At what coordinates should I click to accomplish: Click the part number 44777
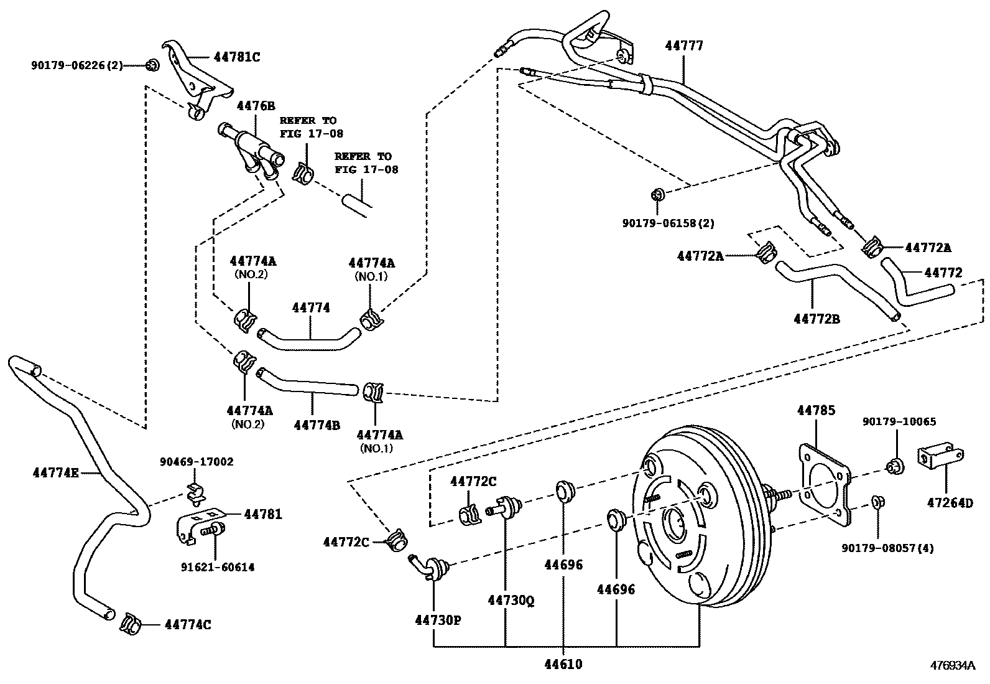point(684,46)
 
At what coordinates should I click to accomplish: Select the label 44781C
point(236,57)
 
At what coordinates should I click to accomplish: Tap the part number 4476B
point(256,106)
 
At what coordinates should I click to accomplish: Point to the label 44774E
point(55,473)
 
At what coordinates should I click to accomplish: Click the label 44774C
point(188,624)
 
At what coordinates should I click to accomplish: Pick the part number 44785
point(816,411)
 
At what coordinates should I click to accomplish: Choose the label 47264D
point(951,502)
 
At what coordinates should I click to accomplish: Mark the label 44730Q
point(511,600)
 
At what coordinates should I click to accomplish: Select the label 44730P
point(438,620)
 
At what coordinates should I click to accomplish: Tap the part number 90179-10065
point(899,422)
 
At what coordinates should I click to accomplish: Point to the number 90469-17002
point(197,462)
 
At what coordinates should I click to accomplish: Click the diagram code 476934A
point(953,665)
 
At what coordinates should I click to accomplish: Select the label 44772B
point(817,319)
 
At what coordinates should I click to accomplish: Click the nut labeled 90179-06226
point(151,65)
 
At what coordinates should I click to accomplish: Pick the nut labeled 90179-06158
point(659,194)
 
